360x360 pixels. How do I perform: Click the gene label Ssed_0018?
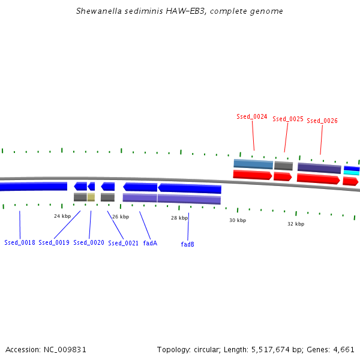tap(20, 243)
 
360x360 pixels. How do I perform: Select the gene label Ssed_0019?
tap(54, 243)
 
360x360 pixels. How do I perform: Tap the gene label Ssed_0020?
tap(89, 243)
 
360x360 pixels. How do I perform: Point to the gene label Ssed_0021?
tap(124, 243)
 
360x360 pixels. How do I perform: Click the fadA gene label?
tap(150, 243)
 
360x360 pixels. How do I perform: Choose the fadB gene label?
tap(188, 244)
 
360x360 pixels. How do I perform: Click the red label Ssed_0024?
tap(252, 116)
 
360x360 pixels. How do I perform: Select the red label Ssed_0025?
tap(288, 119)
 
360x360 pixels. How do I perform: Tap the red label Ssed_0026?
tap(322, 121)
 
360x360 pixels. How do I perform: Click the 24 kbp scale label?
tap(62, 216)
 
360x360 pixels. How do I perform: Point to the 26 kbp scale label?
tap(121, 217)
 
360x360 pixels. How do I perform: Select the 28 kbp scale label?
tap(179, 218)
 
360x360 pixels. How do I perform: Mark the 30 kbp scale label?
tap(238, 220)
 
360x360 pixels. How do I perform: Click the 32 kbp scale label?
tap(296, 224)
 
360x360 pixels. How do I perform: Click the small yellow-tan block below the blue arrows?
tap(91, 197)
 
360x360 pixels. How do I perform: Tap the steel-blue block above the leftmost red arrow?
tap(253, 164)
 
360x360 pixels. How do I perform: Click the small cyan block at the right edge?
tap(352, 173)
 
